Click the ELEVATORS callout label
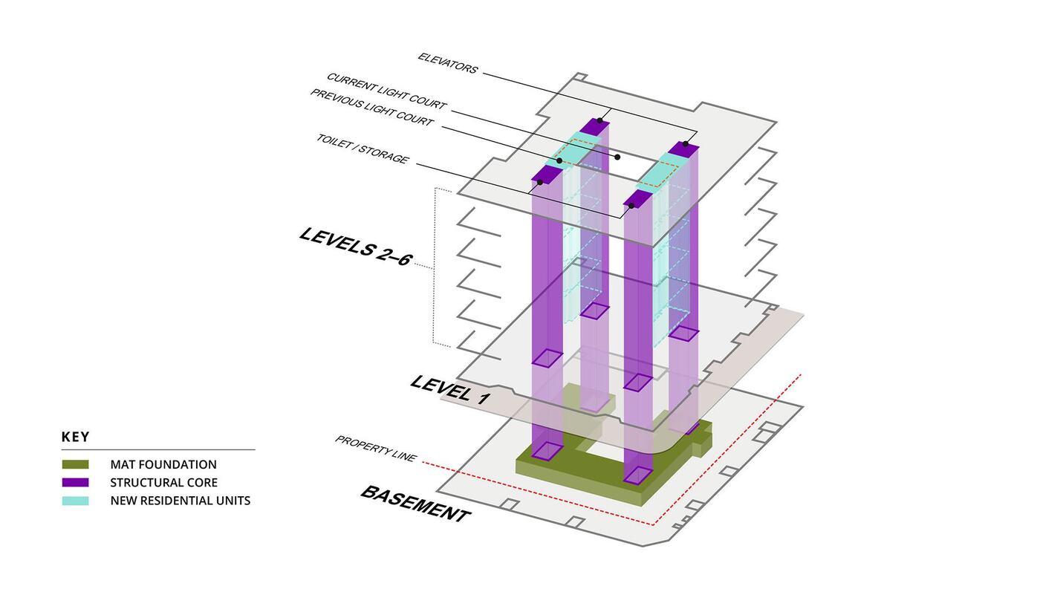point(447,63)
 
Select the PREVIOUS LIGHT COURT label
point(371,108)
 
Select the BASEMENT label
point(415,504)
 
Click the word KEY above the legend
point(75,437)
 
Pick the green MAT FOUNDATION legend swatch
point(75,465)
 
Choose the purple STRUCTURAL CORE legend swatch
point(75,483)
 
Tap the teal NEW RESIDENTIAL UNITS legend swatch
point(75,501)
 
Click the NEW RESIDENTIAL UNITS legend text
point(180,501)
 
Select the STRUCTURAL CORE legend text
point(163,483)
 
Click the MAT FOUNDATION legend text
point(163,465)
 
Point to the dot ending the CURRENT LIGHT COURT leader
point(617,157)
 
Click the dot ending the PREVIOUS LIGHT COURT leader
point(559,160)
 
